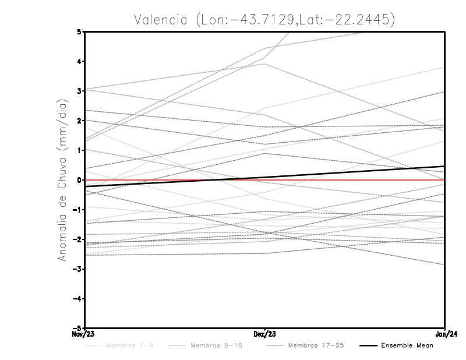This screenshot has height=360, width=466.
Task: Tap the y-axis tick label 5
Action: tap(79, 31)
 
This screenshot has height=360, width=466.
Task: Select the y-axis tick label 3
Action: tap(79, 91)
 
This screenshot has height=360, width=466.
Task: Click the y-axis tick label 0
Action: tap(79, 180)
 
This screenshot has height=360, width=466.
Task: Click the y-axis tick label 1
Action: tap(79, 150)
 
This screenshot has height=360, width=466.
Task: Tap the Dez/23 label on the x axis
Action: tap(264, 334)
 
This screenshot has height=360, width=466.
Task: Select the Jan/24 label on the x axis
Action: tap(445, 334)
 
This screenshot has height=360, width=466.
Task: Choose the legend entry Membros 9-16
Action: tap(216, 345)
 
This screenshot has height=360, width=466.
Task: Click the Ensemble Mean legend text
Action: tap(407, 345)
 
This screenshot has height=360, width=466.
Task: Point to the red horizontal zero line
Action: tap(175, 180)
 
